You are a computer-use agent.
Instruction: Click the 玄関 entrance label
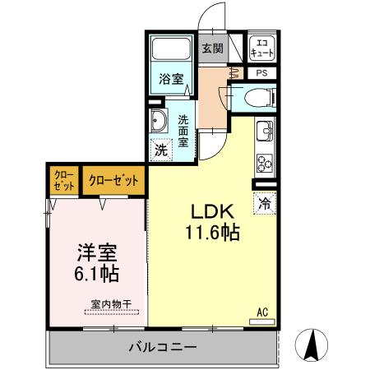212,49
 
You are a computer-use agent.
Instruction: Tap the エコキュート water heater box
262,48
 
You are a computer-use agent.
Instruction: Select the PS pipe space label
262,73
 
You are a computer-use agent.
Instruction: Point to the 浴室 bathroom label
171,80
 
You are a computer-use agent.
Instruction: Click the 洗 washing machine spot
161,151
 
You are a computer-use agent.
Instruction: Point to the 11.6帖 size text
210,234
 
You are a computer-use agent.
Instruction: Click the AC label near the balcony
263,312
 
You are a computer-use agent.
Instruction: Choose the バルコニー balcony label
162,347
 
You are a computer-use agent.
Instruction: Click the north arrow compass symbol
313,345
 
